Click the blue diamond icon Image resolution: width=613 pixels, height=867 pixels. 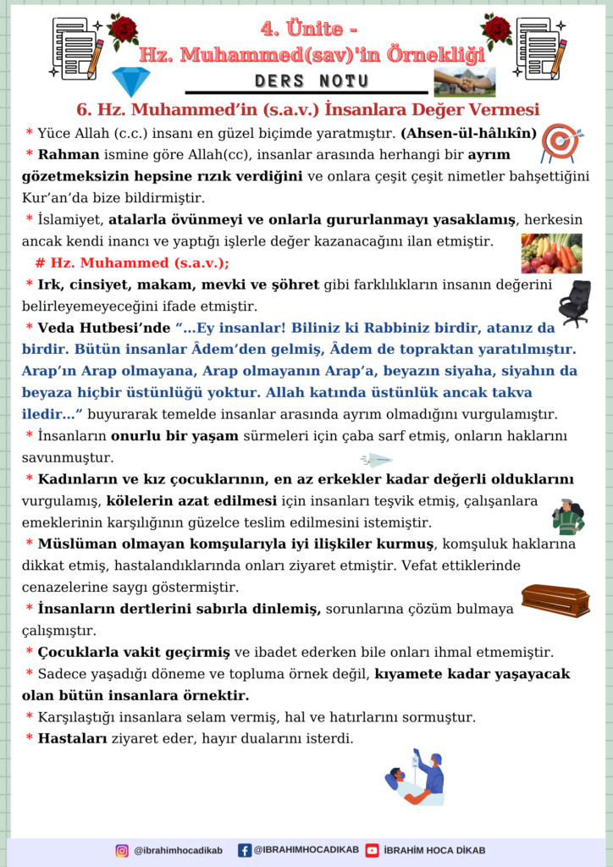(x=130, y=81)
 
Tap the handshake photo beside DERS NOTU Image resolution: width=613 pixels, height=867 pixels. (x=465, y=82)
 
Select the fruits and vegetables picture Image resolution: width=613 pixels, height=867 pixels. (x=551, y=253)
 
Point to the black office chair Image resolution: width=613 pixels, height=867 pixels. (x=575, y=303)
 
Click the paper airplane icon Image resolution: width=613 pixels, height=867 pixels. (x=376, y=461)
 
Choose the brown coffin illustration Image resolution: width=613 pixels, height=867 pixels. (x=555, y=599)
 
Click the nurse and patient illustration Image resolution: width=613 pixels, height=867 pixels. (x=417, y=776)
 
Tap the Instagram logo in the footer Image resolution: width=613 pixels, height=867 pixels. (x=122, y=850)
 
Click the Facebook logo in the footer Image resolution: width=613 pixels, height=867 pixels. (x=245, y=850)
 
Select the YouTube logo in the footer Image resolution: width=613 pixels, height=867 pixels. (x=373, y=850)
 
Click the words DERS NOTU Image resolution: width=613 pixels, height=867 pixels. (x=312, y=81)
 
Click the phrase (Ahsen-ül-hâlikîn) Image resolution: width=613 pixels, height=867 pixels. (x=468, y=133)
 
